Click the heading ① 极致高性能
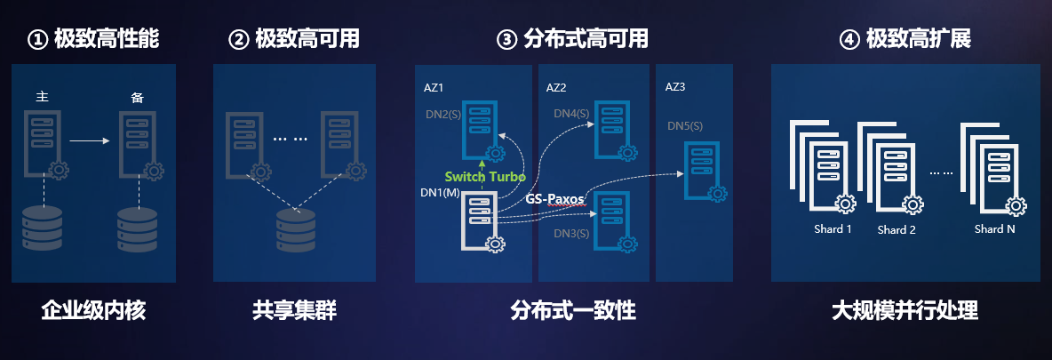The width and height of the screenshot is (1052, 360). click(94, 39)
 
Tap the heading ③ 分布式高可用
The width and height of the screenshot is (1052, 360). click(572, 39)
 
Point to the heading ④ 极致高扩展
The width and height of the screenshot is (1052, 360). click(905, 39)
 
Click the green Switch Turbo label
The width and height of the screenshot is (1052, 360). click(485, 177)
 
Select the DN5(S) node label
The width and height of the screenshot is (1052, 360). click(685, 126)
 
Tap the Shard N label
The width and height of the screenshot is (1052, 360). click(994, 228)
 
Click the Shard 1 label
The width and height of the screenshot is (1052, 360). click(833, 228)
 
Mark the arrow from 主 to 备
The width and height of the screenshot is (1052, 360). click(89, 140)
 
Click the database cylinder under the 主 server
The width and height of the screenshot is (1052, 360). click(42, 229)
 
